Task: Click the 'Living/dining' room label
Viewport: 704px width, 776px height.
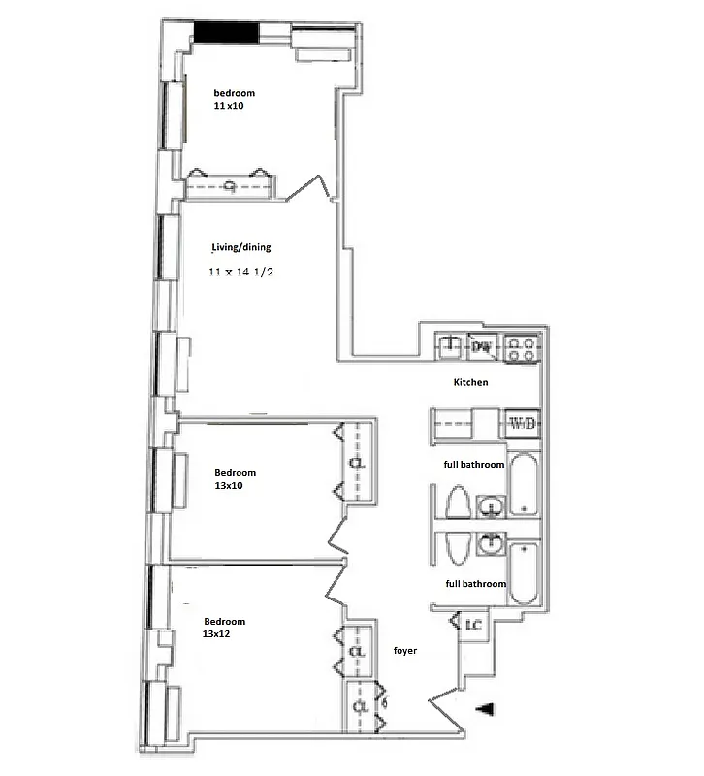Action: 241,247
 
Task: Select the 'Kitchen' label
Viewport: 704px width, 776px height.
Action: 470,382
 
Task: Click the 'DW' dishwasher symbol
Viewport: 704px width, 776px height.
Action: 482,345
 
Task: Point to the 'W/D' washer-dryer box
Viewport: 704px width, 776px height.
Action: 522,423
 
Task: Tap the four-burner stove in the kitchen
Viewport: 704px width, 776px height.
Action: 522,347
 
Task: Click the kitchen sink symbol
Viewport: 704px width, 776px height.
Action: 450,346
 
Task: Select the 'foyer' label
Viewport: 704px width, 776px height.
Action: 405,650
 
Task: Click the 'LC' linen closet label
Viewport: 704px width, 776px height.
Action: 474,625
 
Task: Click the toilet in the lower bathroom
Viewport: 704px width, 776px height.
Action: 457,546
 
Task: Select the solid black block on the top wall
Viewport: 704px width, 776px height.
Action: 226,32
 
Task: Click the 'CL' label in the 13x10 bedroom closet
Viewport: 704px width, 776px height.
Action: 357,463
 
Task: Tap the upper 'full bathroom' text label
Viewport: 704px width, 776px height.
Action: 474,465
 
